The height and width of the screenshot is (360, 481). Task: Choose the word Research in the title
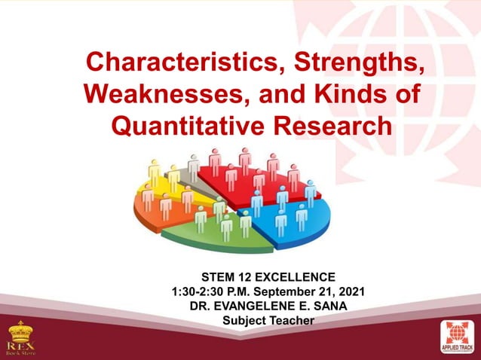[334, 125]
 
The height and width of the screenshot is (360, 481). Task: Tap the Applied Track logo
[459, 337]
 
